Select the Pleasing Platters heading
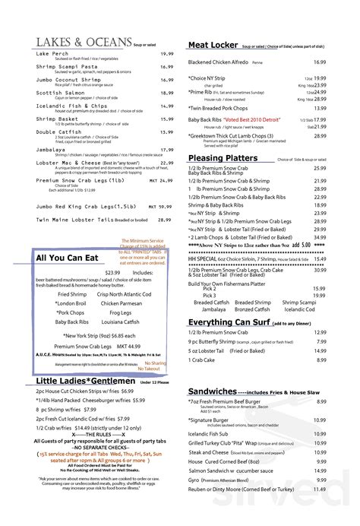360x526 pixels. [223, 158]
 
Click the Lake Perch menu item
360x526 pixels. [52, 54]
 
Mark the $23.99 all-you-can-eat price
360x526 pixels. [112, 271]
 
